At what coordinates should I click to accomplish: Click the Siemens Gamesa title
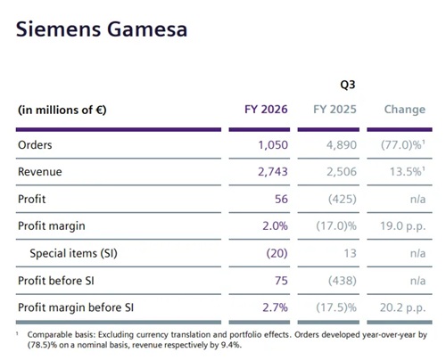coord(102,29)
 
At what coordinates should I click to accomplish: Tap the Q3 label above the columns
coord(348,85)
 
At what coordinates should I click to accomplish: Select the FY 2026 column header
coord(266,110)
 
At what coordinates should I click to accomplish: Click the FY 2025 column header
coord(334,110)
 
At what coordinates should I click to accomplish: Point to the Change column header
coord(405,110)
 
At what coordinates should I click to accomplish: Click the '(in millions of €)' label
coord(62,110)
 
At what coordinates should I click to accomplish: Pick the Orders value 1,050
coord(273,145)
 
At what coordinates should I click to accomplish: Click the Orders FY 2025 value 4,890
coord(342,145)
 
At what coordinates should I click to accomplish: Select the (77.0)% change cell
coord(403,145)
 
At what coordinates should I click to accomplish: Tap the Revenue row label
coord(40,172)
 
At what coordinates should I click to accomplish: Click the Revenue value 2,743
coord(273,172)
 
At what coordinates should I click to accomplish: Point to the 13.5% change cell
coord(408,172)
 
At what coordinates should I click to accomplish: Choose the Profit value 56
coord(281,199)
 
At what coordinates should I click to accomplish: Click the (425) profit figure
coord(343,199)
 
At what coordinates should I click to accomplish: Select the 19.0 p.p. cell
coord(403,226)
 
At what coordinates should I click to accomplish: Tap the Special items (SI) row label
coord(73,253)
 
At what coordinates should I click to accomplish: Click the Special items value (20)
coord(277,253)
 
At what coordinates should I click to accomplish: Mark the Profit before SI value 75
coord(281,281)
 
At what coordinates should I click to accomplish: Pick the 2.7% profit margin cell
coord(275,307)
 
